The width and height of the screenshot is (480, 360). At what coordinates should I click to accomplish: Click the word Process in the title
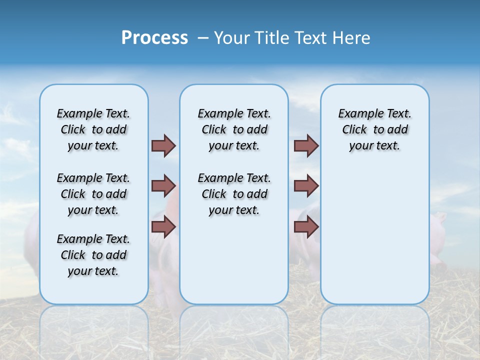tap(154, 37)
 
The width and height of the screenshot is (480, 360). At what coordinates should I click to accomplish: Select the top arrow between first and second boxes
tap(163, 145)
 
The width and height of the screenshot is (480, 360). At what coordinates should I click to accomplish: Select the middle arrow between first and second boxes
tap(163, 186)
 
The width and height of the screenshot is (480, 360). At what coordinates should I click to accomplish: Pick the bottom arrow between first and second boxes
tap(163, 227)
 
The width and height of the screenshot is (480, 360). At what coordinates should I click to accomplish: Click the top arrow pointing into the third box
tap(306, 145)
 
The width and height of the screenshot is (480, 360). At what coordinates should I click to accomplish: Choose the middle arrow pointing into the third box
tap(306, 186)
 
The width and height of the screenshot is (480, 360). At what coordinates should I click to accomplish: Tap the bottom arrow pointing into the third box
tap(306, 227)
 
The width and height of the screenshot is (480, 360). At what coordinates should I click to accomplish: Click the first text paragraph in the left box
tap(93, 129)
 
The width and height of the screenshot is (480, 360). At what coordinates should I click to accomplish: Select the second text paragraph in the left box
tap(93, 194)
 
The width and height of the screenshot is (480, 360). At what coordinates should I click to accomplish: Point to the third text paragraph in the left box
tap(93, 255)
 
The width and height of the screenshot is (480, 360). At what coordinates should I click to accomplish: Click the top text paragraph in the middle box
tap(234, 129)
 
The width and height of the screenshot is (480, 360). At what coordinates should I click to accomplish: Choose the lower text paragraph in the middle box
tap(234, 194)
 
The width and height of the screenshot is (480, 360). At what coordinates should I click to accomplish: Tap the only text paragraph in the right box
tap(374, 129)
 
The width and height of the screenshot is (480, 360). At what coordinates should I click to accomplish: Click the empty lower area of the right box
tap(374, 240)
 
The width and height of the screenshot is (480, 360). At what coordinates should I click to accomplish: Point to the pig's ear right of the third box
tap(439, 217)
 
